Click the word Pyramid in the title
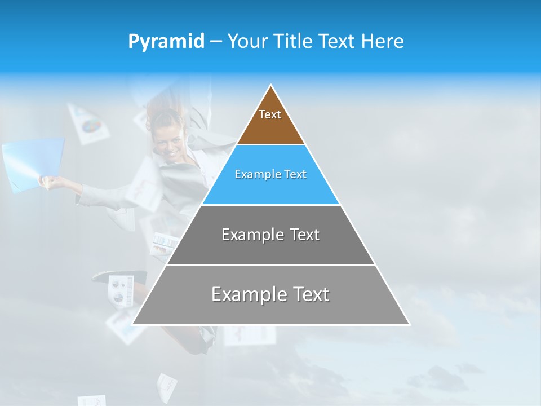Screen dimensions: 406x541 [x=166, y=42]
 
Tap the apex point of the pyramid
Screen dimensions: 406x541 [x=271, y=85]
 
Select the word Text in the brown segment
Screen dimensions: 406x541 [x=270, y=114]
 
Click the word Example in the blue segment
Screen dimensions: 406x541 [x=251, y=174]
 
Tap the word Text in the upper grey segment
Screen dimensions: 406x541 [x=305, y=235]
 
